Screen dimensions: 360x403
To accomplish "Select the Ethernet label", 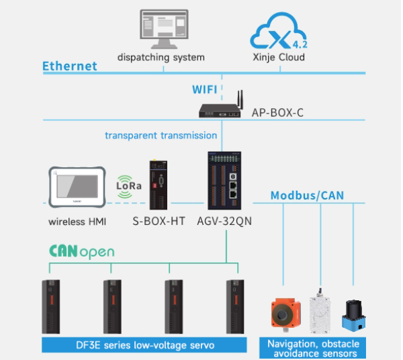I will pyautogui.click(x=70, y=66).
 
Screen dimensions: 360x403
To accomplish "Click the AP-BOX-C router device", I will pyautogui.click(x=220, y=108).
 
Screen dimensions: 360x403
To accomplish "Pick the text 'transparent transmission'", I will pyautogui.click(x=161, y=135).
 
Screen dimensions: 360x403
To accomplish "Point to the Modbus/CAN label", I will pyautogui.click(x=307, y=195).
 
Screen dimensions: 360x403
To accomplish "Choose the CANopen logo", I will pyautogui.click(x=81, y=252).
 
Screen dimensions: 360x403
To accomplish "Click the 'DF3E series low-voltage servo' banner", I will pyautogui.click(x=146, y=345).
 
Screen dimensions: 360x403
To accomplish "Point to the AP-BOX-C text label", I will pyautogui.click(x=277, y=112).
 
